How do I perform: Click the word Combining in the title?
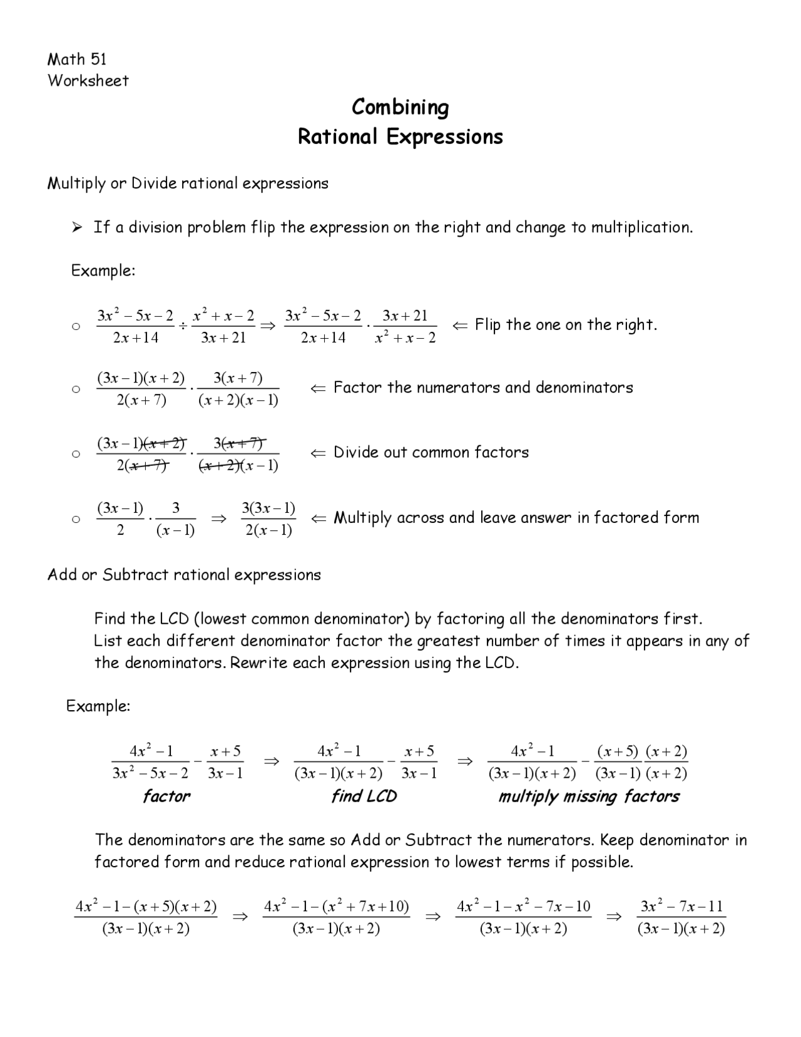coord(400,107)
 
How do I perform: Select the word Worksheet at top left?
coord(88,81)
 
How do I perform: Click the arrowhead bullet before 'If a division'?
coord(77,228)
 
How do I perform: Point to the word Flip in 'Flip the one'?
coord(488,324)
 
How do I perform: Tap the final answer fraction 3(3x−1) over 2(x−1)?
coord(268,518)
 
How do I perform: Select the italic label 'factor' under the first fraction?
coord(166,797)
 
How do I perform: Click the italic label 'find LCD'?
coord(364,797)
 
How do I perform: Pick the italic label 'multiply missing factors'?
coord(588,797)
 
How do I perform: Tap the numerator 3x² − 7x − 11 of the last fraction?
coord(681,906)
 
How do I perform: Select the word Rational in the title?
coord(338,137)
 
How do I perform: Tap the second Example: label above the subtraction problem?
coord(98,706)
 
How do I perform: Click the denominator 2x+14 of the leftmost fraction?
coord(136,338)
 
